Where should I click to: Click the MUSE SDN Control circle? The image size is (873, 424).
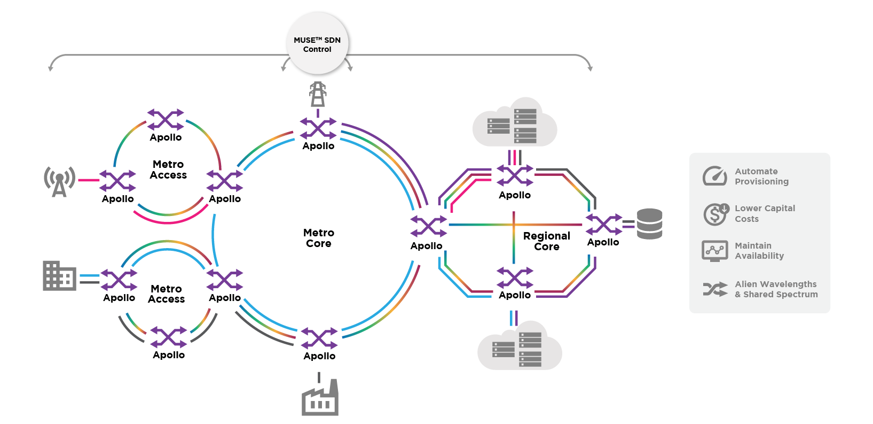coord(317,44)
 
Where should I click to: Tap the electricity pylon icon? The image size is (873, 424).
coord(318,95)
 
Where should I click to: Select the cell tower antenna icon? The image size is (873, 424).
coord(59,181)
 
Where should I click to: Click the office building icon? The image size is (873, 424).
coord(59,276)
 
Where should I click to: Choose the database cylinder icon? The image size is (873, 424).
coord(649,224)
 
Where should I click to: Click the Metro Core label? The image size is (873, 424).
coord(319,238)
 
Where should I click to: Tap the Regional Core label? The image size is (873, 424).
coord(547,241)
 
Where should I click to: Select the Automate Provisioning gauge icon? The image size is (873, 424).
coord(714,176)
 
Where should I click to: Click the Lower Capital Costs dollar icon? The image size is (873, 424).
coord(715,214)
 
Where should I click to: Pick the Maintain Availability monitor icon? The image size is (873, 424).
coord(714,251)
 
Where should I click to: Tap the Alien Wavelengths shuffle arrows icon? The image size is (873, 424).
coord(715,289)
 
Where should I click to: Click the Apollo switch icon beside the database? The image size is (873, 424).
coord(604,225)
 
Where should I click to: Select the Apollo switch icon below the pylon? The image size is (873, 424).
coord(318,128)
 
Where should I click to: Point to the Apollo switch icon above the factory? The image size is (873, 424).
coord(319,338)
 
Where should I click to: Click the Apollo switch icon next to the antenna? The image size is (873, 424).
coord(117,181)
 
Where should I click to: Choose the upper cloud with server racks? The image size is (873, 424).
coord(515,123)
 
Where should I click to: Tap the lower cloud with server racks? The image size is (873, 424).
coord(520,346)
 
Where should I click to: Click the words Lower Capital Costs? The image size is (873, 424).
coord(765,214)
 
